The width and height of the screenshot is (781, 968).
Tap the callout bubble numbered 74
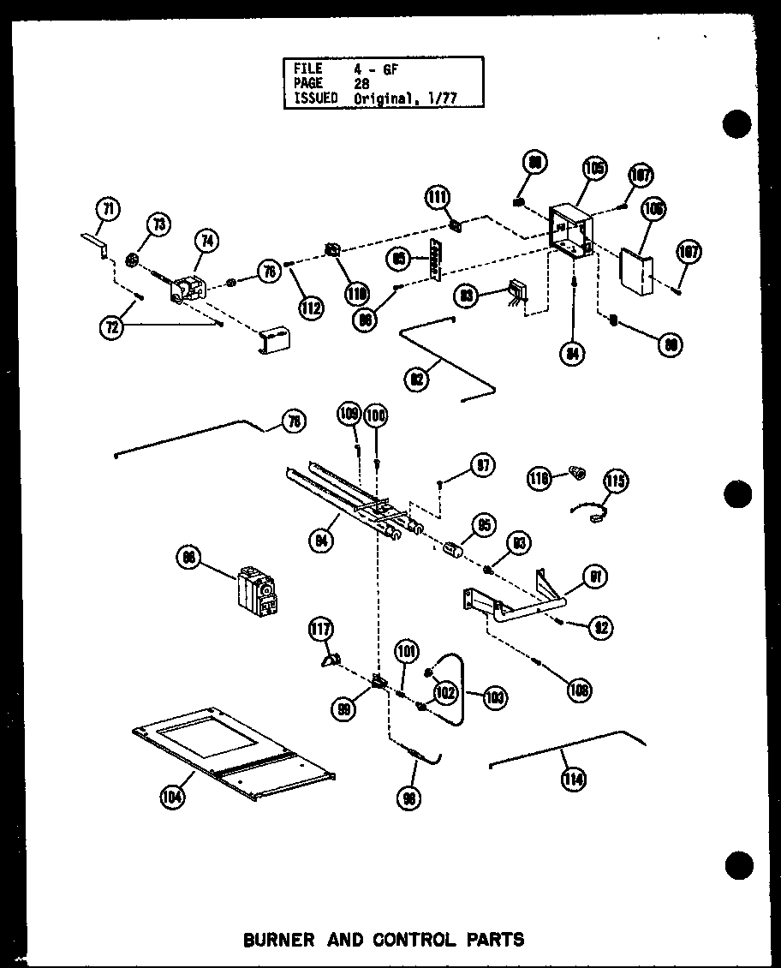(206, 242)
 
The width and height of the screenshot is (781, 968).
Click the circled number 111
(438, 199)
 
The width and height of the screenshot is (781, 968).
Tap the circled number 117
(323, 632)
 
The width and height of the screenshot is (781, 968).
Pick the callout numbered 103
(494, 698)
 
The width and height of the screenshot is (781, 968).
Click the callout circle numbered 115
(615, 481)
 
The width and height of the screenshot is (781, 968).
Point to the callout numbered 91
(593, 577)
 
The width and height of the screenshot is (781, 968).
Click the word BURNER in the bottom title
(277, 940)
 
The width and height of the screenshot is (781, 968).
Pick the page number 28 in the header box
(361, 84)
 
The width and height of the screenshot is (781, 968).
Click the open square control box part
(569, 230)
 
